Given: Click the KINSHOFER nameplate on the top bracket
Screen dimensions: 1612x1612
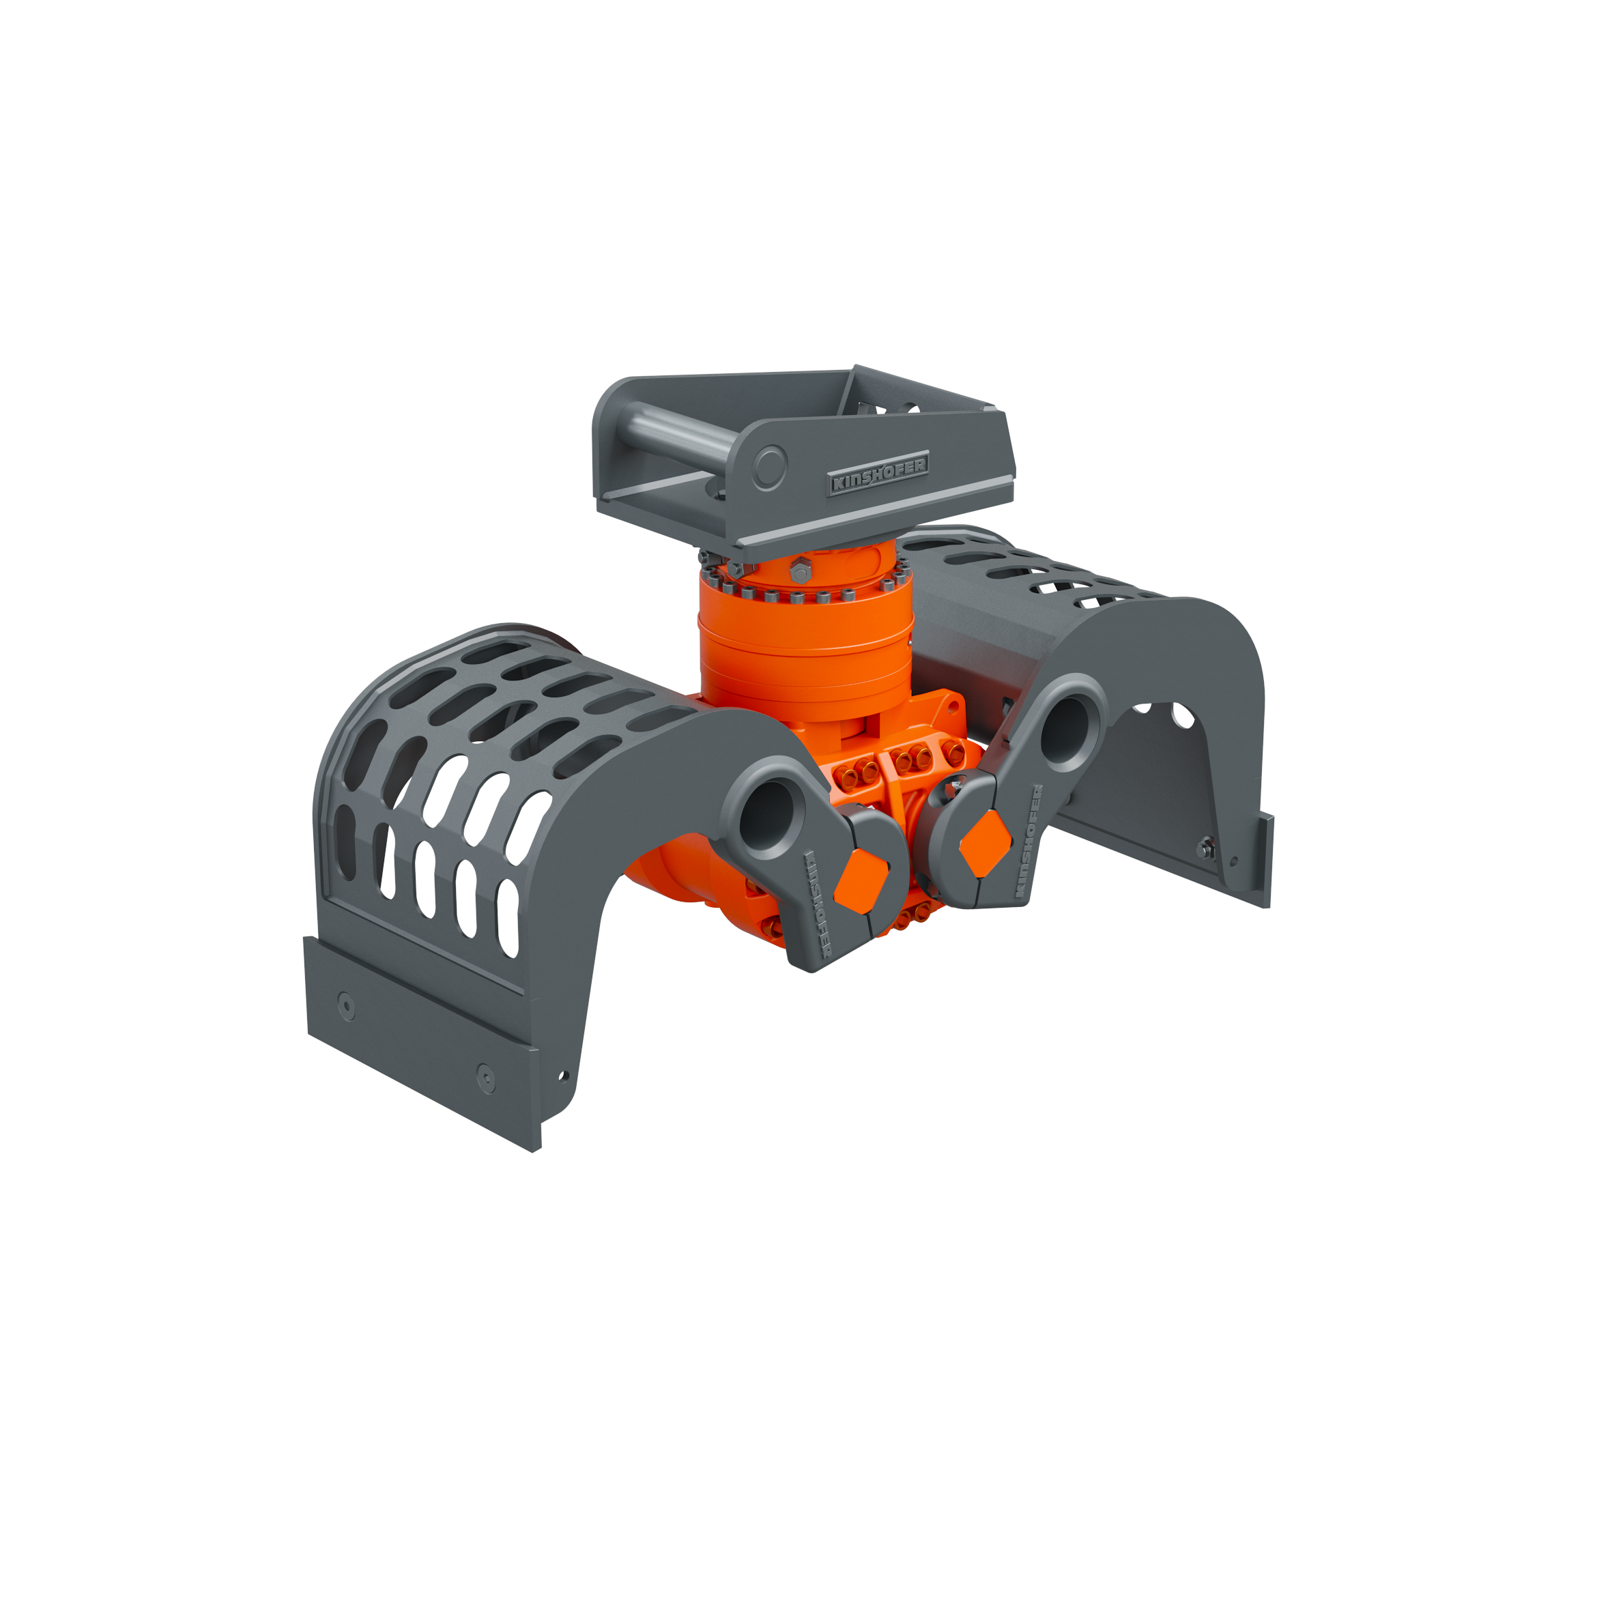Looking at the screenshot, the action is pyautogui.click(x=878, y=474).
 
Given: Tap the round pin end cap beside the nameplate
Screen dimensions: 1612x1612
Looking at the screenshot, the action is pyautogui.click(x=769, y=467).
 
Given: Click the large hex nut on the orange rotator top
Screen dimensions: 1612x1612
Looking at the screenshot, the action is pyautogui.click(x=800, y=570).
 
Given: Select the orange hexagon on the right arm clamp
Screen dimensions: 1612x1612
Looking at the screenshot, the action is pyautogui.click(x=985, y=844).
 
